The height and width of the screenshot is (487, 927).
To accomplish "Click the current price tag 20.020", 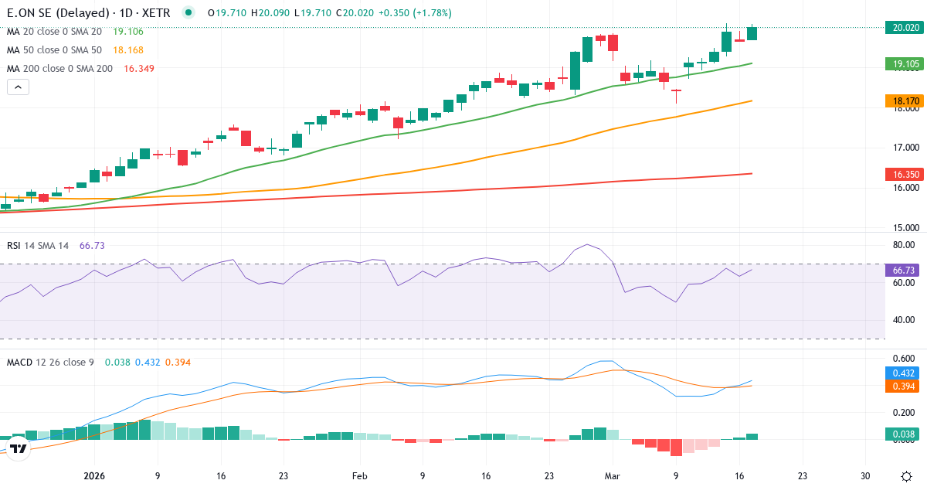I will pyautogui.click(x=903, y=27).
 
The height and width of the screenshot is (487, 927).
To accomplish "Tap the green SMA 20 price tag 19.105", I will pyautogui.click(x=903, y=63).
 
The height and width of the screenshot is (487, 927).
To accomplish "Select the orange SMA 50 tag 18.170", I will pyautogui.click(x=903, y=100).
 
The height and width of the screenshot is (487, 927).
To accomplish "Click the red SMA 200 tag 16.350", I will pyautogui.click(x=903, y=175).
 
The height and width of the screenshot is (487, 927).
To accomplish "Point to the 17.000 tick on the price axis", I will pyautogui.click(x=902, y=148).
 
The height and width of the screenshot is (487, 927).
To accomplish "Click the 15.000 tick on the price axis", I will pyautogui.click(x=902, y=228).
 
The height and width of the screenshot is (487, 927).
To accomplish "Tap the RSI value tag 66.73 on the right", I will pyautogui.click(x=903, y=271).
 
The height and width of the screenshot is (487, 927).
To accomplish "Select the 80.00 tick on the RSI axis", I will pyautogui.click(x=902, y=246).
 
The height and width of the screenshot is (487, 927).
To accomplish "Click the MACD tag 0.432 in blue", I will pyautogui.click(x=903, y=373).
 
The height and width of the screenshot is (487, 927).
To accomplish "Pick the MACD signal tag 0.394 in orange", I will pyautogui.click(x=903, y=386).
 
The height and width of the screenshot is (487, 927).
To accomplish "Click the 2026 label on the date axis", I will pyautogui.click(x=94, y=476).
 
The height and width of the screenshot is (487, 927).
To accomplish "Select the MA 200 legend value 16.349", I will pyautogui.click(x=139, y=69).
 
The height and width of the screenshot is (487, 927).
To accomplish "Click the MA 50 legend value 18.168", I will pyautogui.click(x=127, y=50).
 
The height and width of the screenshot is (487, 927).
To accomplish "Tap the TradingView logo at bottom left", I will pyautogui.click(x=19, y=448).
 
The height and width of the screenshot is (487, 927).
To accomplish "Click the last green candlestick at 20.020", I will pyautogui.click(x=752, y=32).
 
